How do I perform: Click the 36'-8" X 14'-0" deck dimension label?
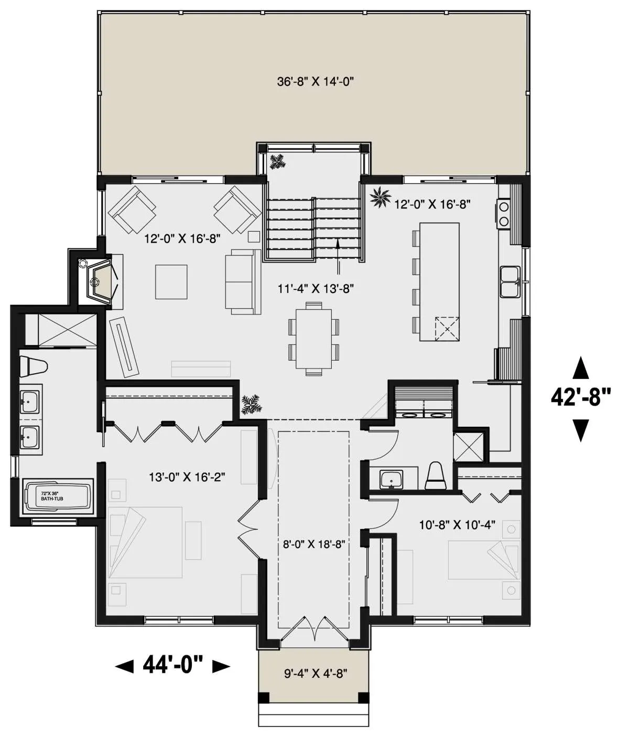[x=315, y=82]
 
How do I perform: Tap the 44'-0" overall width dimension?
[x=172, y=665]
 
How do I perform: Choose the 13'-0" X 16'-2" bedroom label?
[x=187, y=477]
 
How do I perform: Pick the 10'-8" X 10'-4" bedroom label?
[x=457, y=525]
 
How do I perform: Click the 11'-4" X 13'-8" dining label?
[x=315, y=288]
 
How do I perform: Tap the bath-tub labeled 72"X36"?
[x=58, y=496]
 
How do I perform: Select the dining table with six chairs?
[x=314, y=339]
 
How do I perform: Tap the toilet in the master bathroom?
[x=33, y=366]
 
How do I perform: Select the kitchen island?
[x=439, y=282]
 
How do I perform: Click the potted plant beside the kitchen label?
[x=381, y=198]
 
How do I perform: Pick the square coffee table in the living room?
[x=171, y=281]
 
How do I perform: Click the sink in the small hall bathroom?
[x=392, y=480]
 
